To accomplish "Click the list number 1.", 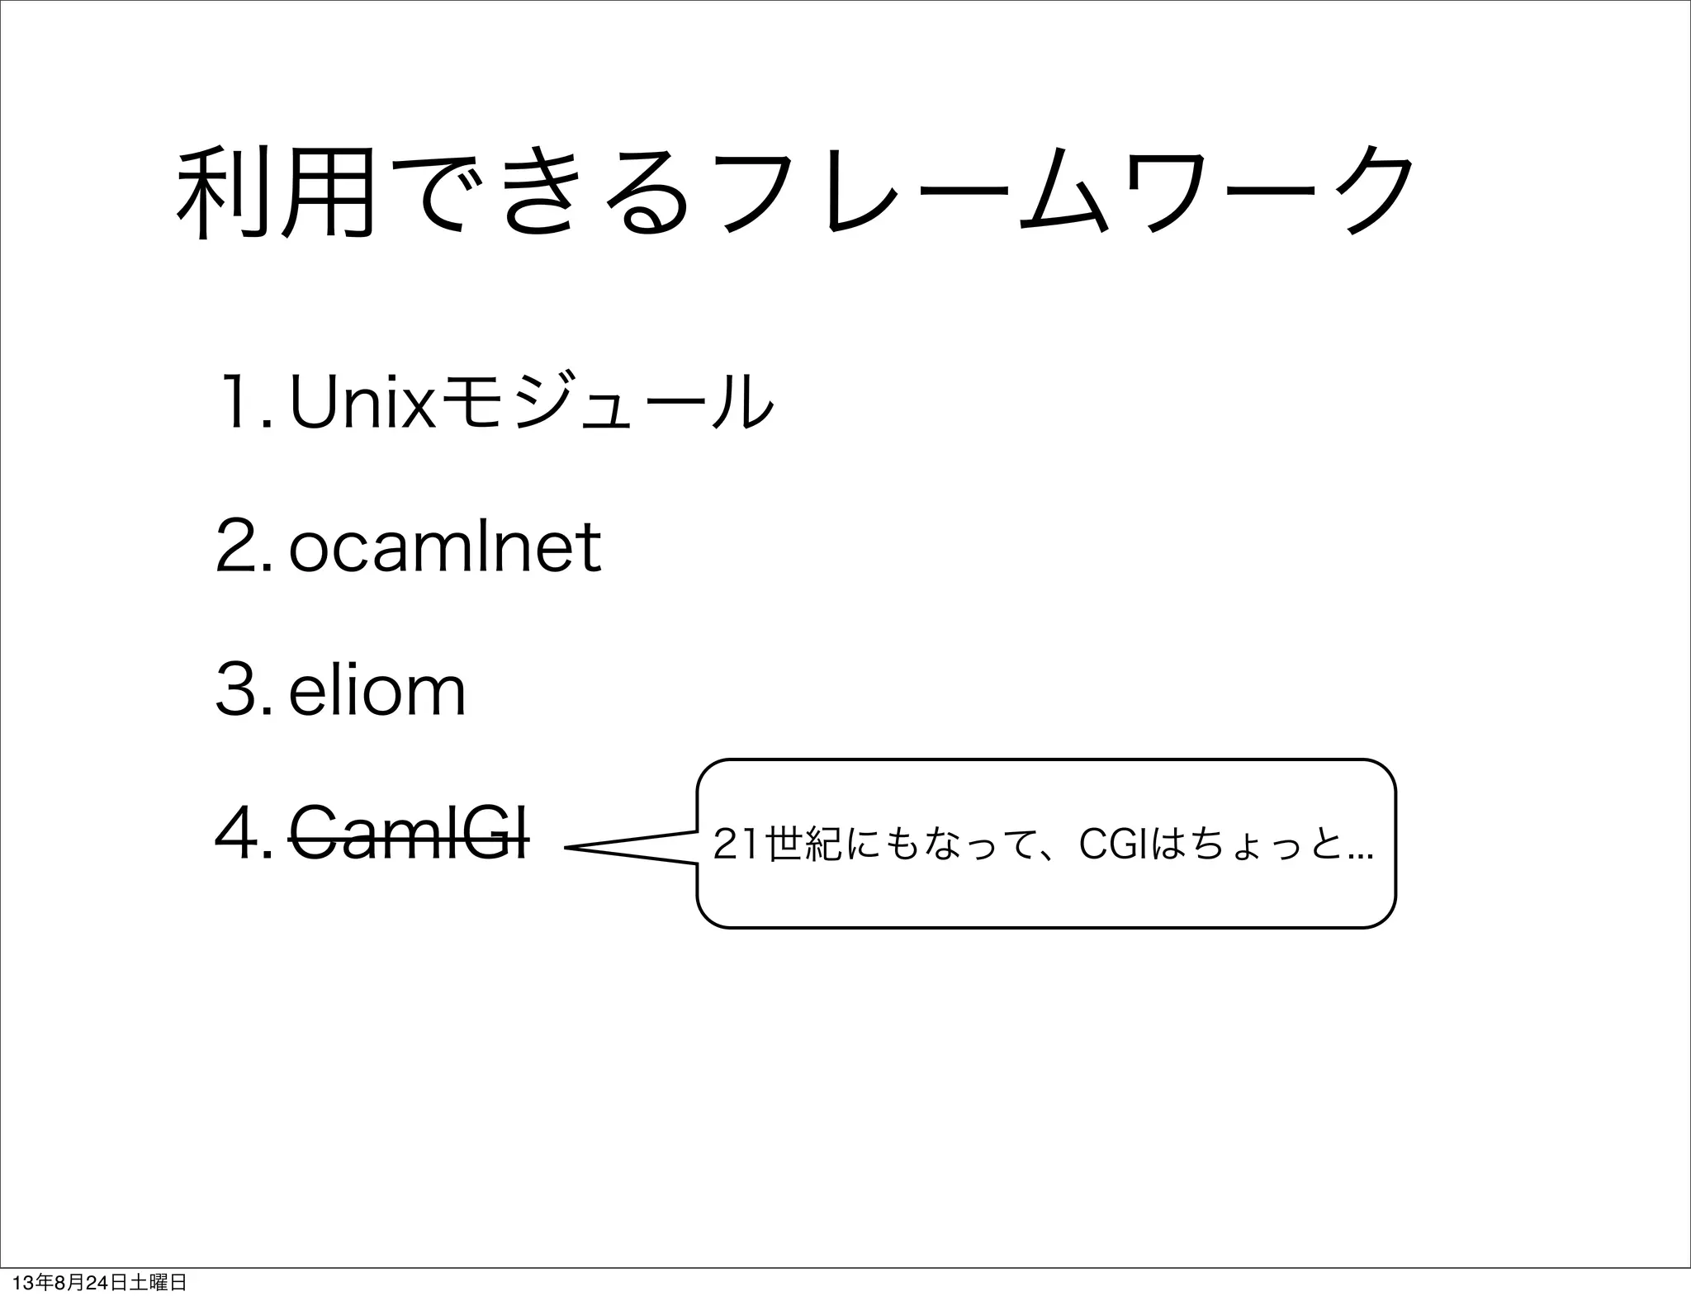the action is (239, 402).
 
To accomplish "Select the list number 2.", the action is (239, 546).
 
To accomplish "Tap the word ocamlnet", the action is (444, 546).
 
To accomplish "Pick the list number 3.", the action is (239, 691).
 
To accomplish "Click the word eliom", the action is (377, 691).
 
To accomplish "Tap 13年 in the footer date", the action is (26, 1283).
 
